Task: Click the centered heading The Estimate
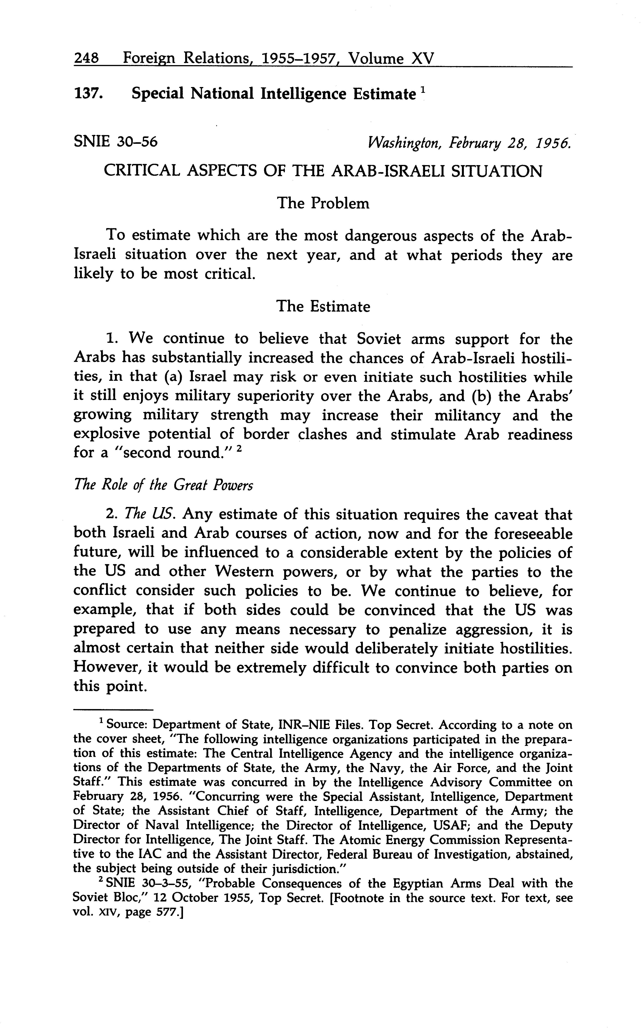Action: coord(323,306)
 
